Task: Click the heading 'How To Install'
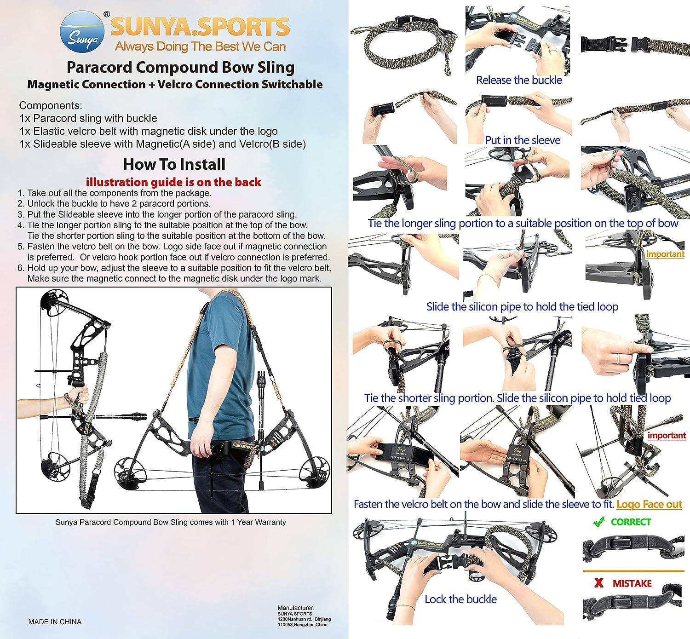(x=174, y=164)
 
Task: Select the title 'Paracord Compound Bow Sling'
(x=180, y=67)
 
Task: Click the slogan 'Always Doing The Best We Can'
(x=200, y=46)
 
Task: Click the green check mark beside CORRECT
(x=598, y=522)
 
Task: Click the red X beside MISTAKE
(x=599, y=583)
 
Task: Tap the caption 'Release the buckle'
(x=519, y=80)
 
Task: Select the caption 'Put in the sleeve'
(x=523, y=140)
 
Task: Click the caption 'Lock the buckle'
(x=460, y=599)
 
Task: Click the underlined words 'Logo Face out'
(x=649, y=504)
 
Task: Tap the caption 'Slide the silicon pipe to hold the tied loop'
(x=522, y=306)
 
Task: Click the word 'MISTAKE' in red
(x=632, y=583)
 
